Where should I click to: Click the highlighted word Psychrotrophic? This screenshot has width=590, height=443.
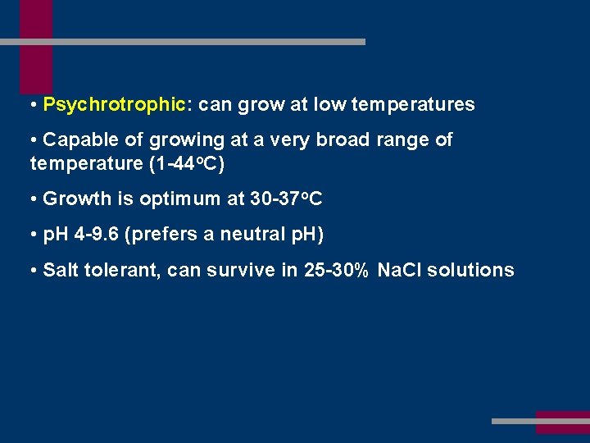click(114, 105)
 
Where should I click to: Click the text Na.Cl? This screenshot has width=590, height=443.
click(401, 270)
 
